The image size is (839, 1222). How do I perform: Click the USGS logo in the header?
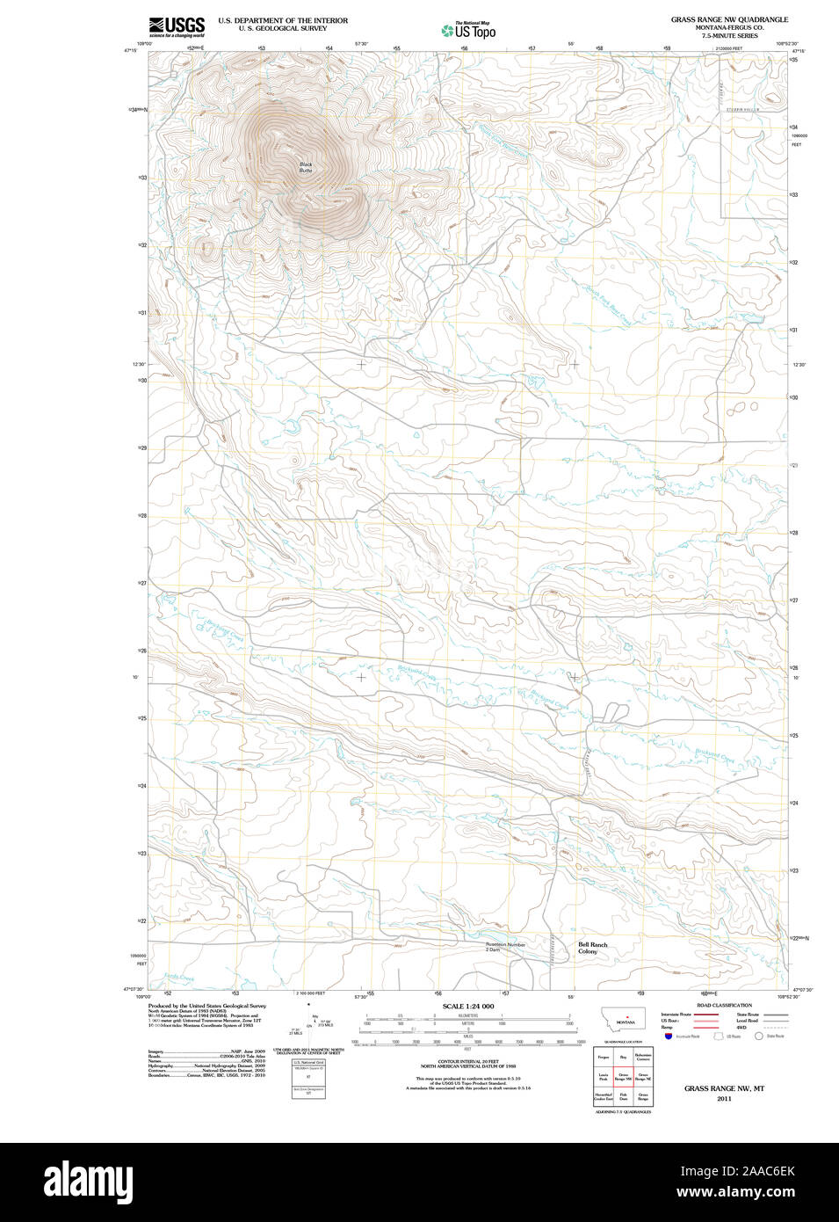(x=177, y=25)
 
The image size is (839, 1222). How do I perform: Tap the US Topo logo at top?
(x=469, y=31)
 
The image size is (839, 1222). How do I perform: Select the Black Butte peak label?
(x=305, y=167)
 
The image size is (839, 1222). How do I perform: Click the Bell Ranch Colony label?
(x=592, y=948)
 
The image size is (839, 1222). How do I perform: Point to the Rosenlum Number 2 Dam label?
(x=505, y=947)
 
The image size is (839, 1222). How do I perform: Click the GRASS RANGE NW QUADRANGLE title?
(x=729, y=19)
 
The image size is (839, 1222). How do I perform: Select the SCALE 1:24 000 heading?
(x=467, y=1006)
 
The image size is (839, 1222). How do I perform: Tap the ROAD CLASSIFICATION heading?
(x=724, y=1005)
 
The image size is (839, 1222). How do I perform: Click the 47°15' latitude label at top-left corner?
(x=130, y=51)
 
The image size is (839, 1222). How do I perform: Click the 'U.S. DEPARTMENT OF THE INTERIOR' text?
(x=283, y=20)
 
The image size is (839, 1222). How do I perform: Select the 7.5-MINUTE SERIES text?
(x=729, y=36)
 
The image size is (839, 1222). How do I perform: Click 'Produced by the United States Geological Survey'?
(x=206, y=1005)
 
